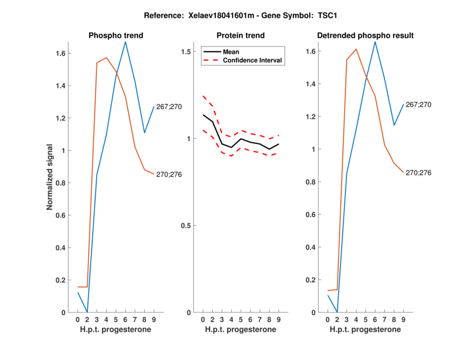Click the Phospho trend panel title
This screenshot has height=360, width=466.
pos(116,36)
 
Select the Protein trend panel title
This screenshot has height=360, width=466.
pos(240,36)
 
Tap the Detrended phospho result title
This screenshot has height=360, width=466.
pos(365,36)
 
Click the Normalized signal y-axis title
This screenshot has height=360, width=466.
pos(52,177)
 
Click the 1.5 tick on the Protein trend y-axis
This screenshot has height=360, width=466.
pos(186,52)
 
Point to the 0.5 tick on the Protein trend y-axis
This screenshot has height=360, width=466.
pos(186,225)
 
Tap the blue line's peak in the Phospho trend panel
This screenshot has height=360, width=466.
pos(125,42)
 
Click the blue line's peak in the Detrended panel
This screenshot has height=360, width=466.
pos(375,42)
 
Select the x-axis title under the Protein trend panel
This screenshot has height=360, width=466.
pos(240,330)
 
